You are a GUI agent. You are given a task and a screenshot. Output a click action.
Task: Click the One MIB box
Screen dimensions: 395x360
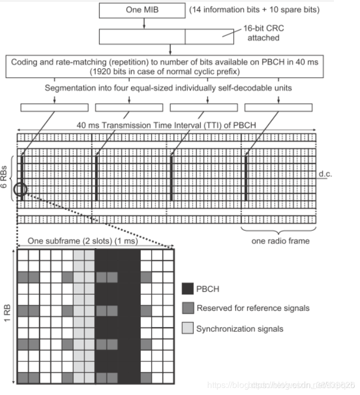[142, 9]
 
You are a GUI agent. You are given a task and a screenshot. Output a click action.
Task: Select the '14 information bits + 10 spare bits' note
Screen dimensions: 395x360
[254, 9]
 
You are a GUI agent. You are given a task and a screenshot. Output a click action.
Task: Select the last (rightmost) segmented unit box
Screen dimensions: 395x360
[278, 107]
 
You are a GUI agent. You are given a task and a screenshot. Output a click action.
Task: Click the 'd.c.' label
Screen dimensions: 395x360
[326, 174]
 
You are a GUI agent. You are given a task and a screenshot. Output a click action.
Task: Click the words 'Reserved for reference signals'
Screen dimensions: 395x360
[253, 308]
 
